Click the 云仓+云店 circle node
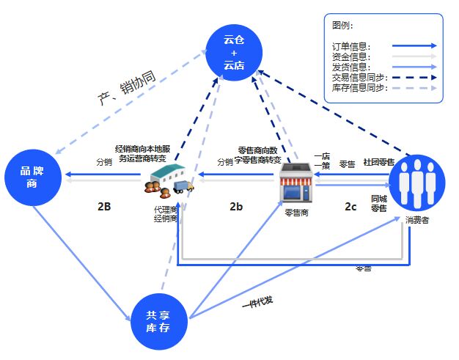tap(234, 51)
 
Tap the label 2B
tap(104, 207)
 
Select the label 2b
tap(235, 207)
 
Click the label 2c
tap(351, 207)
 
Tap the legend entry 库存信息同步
tap(356, 88)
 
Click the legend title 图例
tap(342, 25)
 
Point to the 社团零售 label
tap(378, 162)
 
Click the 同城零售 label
tap(378, 203)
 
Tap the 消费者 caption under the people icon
tap(418, 219)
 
